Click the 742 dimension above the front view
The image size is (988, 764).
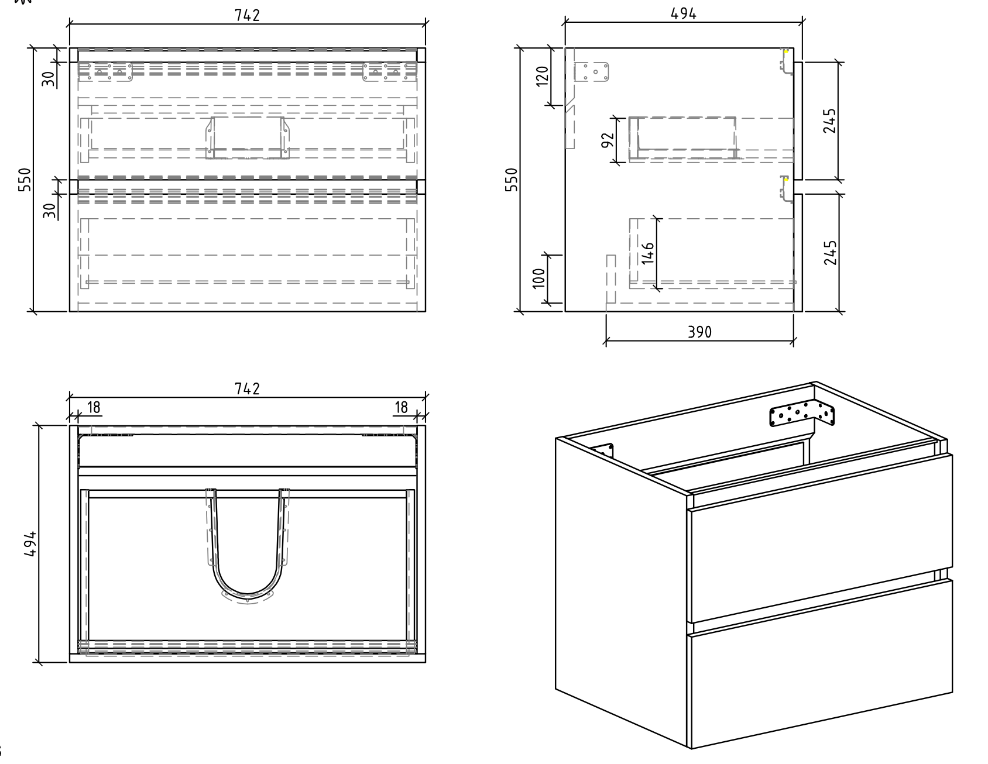coord(247,16)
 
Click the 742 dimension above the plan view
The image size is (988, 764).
coord(247,389)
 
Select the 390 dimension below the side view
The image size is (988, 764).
coord(699,332)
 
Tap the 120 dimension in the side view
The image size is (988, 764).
coord(542,76)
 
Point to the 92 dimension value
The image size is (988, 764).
coord(608,139)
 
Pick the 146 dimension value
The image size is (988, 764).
coord(647,253)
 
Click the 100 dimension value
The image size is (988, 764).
coord(540,279)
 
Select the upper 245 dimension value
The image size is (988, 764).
coord(829,121)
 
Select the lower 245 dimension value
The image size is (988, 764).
coord(829,253)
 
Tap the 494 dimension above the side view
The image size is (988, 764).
coord(683,14)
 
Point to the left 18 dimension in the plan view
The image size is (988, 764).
coord(94,408)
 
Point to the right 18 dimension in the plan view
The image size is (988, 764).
coord(401,408)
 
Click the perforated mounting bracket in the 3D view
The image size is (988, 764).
coord(803,413)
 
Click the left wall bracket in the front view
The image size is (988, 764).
coord(106,72)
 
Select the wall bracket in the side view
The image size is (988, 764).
coord(592,73)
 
